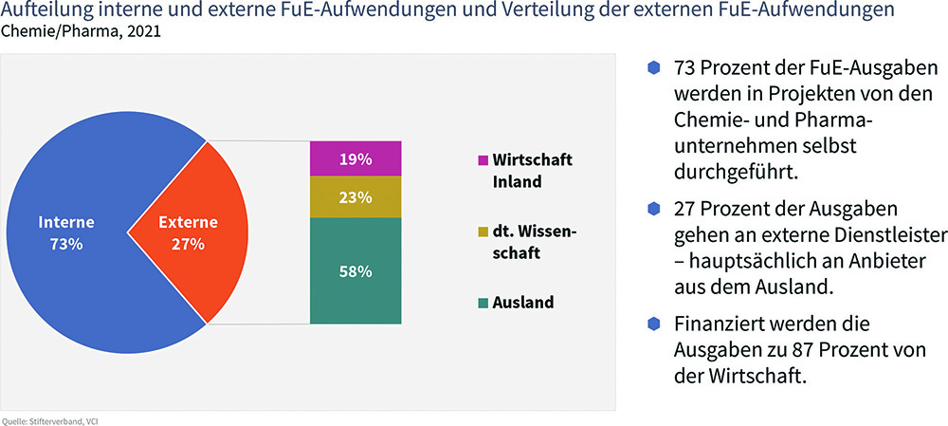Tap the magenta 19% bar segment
tap(355, 158)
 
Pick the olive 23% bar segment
tap(355, 196)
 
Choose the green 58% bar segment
tap(355, 270)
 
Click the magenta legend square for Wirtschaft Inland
tap(483, 161)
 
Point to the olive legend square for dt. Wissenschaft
tap(483, 232)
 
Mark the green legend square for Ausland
tap(483, 302)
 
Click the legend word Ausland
tap(523, 302)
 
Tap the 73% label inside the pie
tap(66, 245)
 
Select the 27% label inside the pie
tap(188, 245)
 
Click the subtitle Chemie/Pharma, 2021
tap(82, 31)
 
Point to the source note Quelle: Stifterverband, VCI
tap(48, 420)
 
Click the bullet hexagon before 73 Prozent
tap(653, 67)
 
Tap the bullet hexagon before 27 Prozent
tap(653, 209)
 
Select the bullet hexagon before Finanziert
tap(653, 324)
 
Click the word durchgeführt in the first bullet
tap(737, 173)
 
